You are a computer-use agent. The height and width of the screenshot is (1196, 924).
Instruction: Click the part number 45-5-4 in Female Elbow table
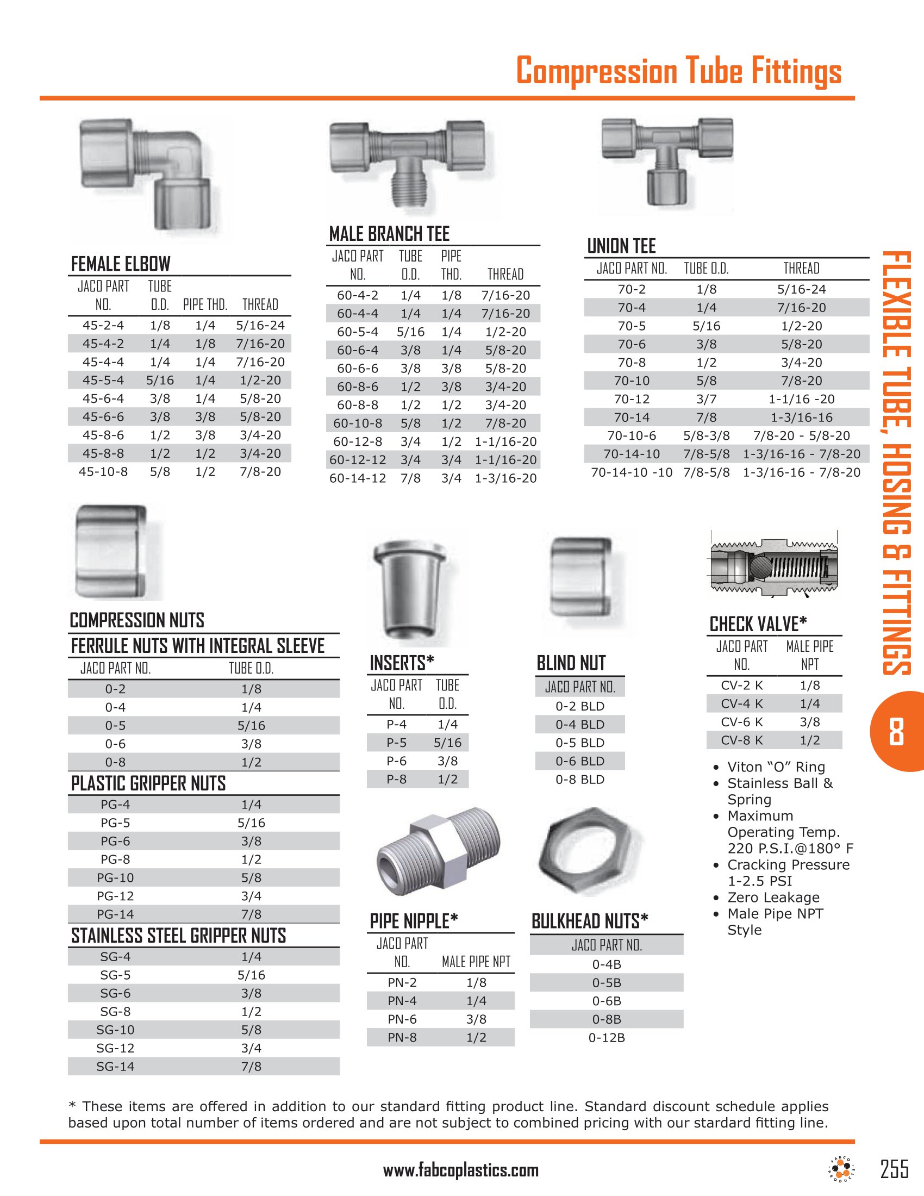(103, 380)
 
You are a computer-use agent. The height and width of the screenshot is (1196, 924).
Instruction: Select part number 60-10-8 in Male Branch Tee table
(358, 423)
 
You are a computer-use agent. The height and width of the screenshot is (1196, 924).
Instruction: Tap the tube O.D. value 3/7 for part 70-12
(706, 399)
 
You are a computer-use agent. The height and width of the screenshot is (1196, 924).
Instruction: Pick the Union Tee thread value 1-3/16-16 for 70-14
(801, 418)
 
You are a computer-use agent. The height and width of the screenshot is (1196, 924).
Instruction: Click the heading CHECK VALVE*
(758, 624)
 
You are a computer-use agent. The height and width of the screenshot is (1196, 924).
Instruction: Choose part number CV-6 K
(742, 722)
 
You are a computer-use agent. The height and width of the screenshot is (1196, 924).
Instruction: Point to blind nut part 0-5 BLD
(580, 743)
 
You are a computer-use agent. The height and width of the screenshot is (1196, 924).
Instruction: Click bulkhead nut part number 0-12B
(607, 1038)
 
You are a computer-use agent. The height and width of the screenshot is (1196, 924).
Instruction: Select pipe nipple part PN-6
(402, 1019)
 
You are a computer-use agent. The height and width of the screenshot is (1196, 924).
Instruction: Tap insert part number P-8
(396, 779)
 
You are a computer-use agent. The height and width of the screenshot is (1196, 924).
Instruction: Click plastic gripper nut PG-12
(115, 896)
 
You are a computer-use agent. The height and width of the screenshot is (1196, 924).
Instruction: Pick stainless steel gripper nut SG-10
(115, 1030)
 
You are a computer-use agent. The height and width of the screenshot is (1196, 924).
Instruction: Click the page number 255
(895, 1169)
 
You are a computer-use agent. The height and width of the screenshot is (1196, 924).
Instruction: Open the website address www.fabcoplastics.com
(461, 1170)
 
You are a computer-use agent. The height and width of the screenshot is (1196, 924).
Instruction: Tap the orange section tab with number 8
(897, 732)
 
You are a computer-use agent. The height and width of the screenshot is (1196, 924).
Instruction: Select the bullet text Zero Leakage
(773, 898)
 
